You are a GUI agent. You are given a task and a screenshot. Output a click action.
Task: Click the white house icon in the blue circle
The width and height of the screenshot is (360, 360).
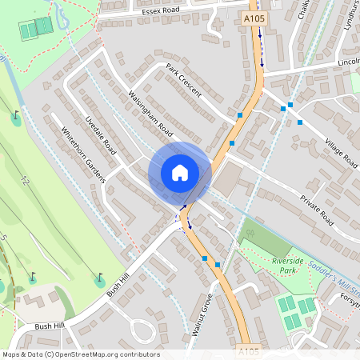point(179,173)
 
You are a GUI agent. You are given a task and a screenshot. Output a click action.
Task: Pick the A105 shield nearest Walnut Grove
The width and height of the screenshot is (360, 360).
point(248,351)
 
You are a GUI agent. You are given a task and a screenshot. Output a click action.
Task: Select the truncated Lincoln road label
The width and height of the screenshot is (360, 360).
point(348,62)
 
